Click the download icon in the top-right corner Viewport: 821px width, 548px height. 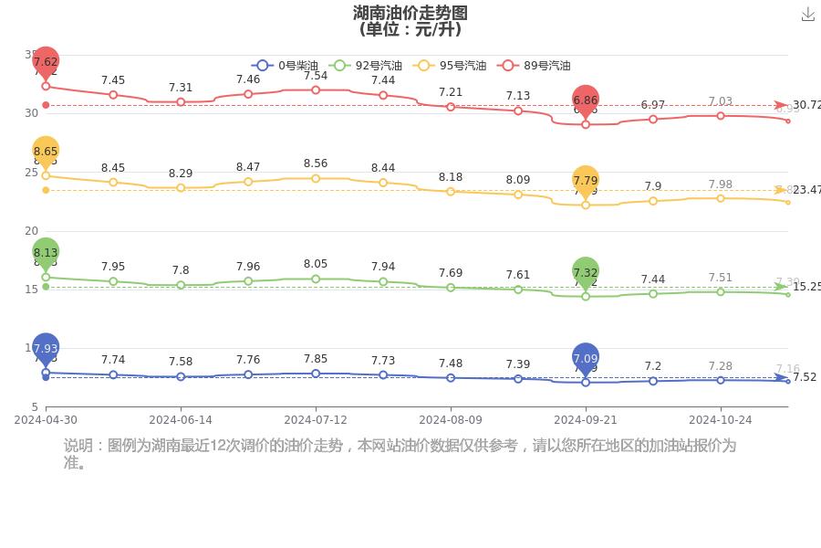coord(807,14)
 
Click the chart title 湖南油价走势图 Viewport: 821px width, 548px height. coord(410,13)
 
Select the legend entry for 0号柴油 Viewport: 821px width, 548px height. coord(285,66)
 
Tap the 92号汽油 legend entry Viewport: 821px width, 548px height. coord(367,66)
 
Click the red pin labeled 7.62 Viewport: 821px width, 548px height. coord(46,62)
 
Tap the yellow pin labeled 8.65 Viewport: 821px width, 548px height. coord(46,152)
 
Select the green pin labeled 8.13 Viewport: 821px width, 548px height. coord(46,252)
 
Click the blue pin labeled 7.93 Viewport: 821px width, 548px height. coord(46,348)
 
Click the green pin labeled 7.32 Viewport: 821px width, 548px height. coord(586,272)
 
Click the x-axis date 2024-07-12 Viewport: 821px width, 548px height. coord(316,420)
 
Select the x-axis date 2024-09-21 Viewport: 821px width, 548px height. coord(586,420)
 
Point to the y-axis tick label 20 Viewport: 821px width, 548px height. coord(31,230)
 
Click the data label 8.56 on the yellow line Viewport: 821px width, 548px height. coord(316,163)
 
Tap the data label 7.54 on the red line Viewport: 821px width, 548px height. coord(316,75)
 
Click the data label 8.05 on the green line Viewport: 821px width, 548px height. coord(316,264)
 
